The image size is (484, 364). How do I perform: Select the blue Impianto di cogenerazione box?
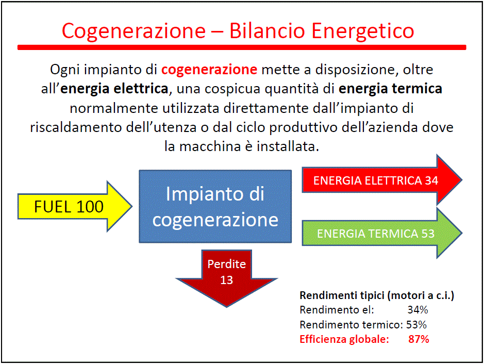point(215,206)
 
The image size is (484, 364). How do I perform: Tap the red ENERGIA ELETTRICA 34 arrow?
point(382,180)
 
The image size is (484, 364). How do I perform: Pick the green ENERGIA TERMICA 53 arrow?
point(382,233)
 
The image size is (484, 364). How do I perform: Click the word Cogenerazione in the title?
point(133,31)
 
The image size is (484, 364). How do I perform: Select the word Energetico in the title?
point(363,31)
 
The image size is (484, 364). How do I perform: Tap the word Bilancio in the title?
point(267,31)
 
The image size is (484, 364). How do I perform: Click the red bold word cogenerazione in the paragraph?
point(209,70)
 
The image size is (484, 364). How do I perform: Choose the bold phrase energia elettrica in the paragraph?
point(114,89)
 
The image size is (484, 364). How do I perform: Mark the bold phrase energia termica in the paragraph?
point(391,89)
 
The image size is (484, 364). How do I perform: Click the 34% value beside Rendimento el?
point(418,310)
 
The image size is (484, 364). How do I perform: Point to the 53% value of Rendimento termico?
point(416,324)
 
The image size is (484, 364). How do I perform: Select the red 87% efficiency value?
point(419,339)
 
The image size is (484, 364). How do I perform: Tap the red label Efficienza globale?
point(344,339)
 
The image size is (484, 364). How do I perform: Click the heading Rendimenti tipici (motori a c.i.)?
point(377,295)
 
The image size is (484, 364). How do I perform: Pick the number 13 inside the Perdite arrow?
point(227,280)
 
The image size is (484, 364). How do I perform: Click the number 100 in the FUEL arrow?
point(90,207)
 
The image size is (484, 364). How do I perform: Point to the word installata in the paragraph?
point(288,146)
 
